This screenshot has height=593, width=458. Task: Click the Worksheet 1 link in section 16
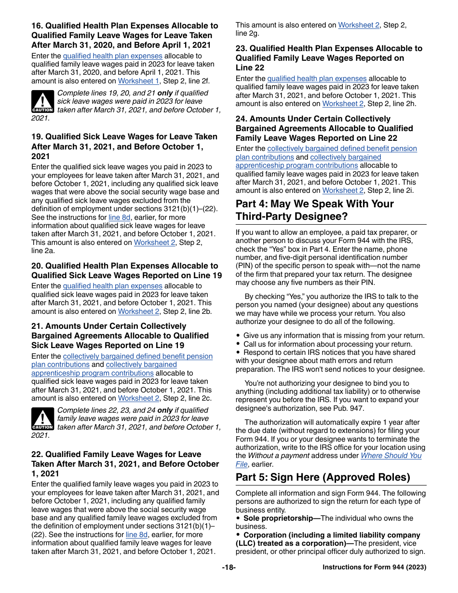pos(138,81)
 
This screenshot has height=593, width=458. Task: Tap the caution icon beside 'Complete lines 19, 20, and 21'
pos(42,102)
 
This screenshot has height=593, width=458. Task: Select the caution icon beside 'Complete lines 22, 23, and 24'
pos(42,419)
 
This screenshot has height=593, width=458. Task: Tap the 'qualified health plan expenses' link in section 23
pos(317,78)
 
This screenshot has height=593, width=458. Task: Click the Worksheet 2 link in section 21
pos(138,398)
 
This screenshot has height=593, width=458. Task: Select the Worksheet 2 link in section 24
pos(343,190)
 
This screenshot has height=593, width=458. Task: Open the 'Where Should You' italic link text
pos(391,456)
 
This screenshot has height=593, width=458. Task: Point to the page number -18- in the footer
pos(229,567)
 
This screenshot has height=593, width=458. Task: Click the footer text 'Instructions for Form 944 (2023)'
pos(374,567)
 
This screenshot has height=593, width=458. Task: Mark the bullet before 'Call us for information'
pos(238,344)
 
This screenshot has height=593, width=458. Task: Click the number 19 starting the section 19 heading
pos(37,137)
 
